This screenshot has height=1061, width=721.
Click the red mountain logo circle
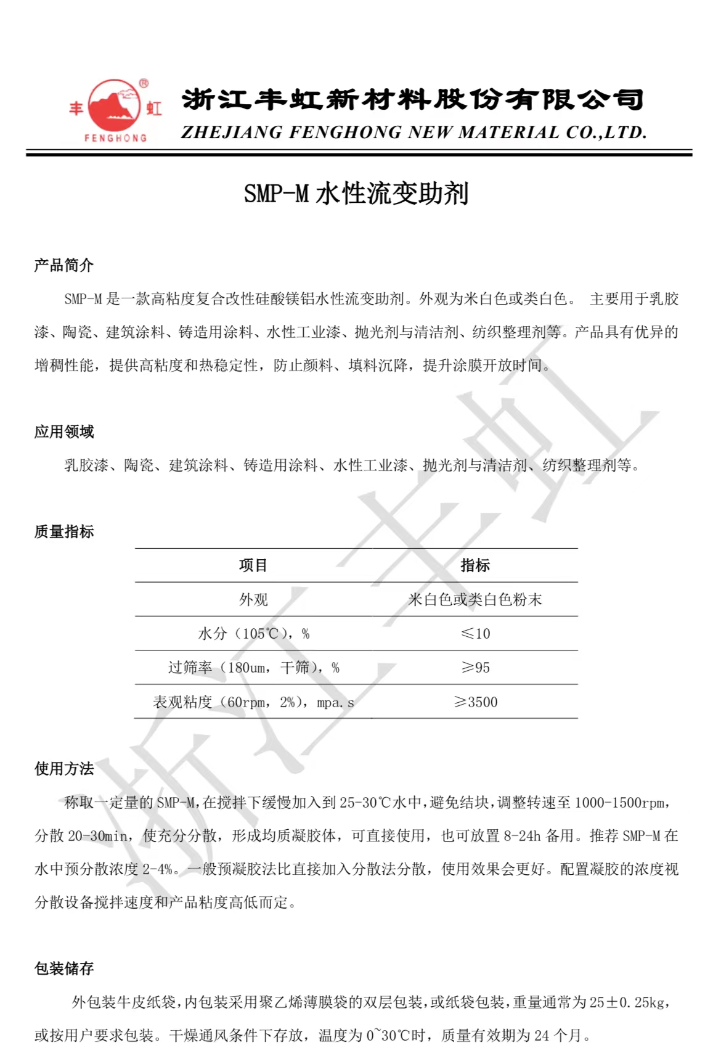(115, 105)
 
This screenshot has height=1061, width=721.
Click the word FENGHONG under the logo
(115, 138)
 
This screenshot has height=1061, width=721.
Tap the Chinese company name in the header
(412, 100)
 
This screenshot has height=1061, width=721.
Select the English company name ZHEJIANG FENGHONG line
(413, 133)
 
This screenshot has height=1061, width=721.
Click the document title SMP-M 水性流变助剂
(356, 194)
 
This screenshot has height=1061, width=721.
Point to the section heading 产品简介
(64, 266)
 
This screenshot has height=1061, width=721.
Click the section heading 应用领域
(64, 432)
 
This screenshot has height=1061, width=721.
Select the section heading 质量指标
(64, 531)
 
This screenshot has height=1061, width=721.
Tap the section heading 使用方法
(64, 769)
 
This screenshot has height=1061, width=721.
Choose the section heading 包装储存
(64, 969)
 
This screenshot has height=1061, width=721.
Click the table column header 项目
(253, 565)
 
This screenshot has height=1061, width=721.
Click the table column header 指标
(475, 565)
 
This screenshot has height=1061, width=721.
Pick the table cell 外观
(253, 599)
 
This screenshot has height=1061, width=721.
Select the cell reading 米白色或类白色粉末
(475, 599)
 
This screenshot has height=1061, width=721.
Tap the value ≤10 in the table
(475, 633)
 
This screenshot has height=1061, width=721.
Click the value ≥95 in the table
(475, 668)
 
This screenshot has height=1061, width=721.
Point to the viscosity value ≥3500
(475, 702)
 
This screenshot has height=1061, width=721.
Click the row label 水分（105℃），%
(253, 634)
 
